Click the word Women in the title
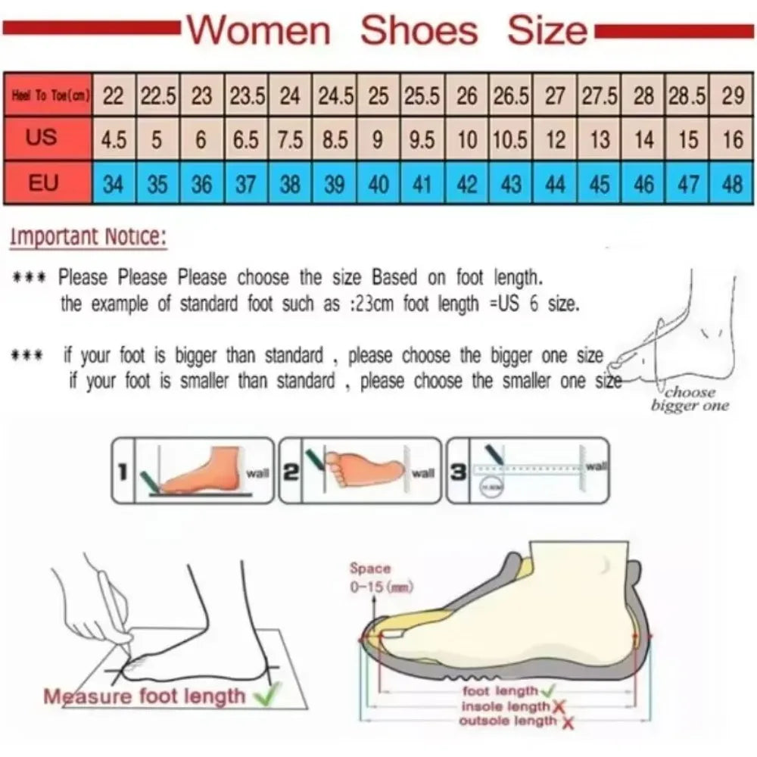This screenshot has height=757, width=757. (x=259, y=30)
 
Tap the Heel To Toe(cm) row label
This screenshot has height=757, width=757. (x=48, y=95)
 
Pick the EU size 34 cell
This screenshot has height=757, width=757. (x=114, y=183)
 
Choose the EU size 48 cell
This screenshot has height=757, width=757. (x=732, y=183)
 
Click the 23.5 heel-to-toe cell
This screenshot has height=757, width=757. (x=247, y=96)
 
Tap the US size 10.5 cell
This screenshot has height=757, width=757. (x=511, y=140)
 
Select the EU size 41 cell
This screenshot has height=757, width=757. (x=422, y=183)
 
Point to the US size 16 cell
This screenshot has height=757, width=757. (x=732, y=140)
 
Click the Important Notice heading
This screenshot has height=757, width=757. (x=87, y=237)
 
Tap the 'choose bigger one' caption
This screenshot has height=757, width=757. (x=690, y=399)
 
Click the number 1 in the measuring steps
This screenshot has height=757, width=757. (x=122, y=472)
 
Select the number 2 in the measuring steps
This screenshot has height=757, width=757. (x=290, y=472)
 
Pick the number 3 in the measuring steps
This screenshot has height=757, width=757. (x=458, y=472)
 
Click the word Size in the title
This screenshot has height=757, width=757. (x=547, y=30)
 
